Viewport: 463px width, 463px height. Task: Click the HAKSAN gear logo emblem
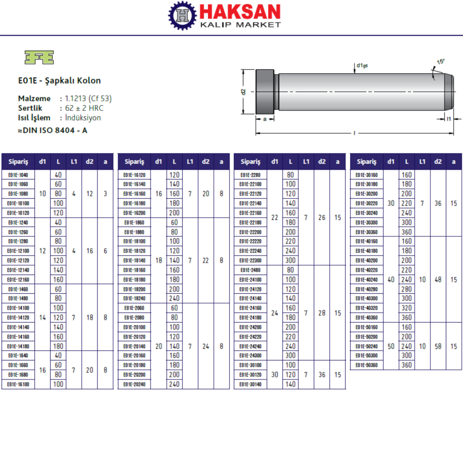tap(182, 15)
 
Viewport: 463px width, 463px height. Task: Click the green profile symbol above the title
tap(39, 57)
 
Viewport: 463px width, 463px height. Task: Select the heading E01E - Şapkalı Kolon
tap(59, 81)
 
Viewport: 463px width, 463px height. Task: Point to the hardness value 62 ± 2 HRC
tap(84, 108)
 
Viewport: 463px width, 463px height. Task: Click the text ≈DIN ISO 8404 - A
tap(53, 130)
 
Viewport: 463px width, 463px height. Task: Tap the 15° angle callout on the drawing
tap(440, 61)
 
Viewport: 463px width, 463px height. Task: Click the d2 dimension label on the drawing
tap(243, 92)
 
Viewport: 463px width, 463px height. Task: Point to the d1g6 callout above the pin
tap(362, 65)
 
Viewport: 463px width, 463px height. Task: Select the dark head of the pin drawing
tap(265, 92)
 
